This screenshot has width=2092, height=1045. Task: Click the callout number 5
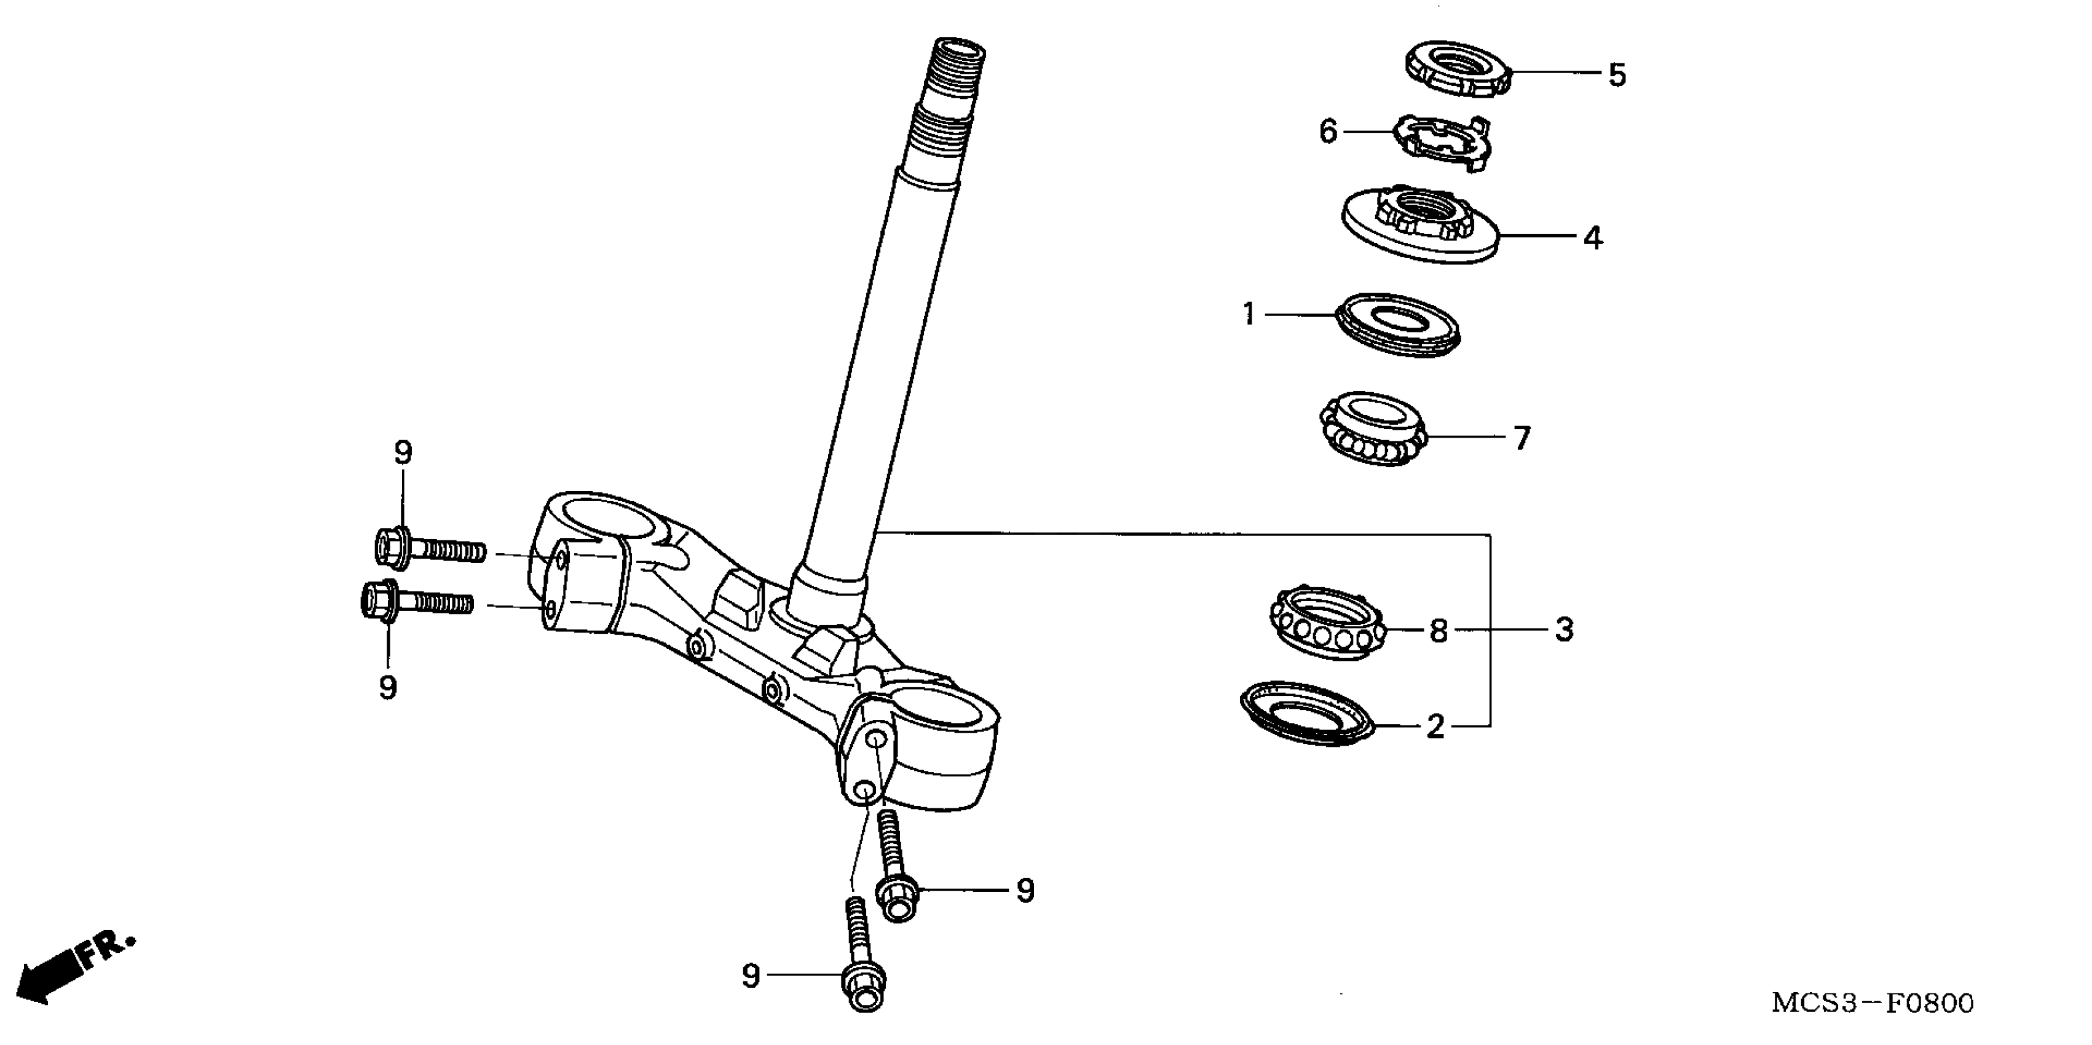click(x=1617, y=76)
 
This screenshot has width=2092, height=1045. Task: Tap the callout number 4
click(x=1593, y=239)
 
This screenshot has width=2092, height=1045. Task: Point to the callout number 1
click(x=1249, y=314)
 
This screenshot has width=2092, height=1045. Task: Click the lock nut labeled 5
click(x=1458, y=70)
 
